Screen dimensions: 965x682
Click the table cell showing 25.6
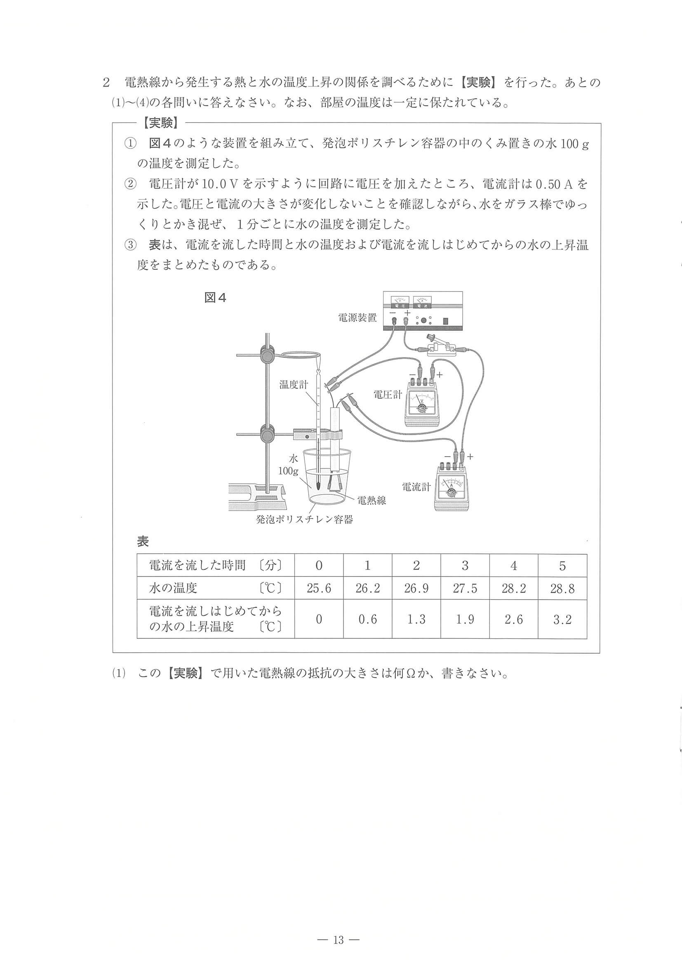[x=318, y=588]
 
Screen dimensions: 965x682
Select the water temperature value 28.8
[x=562, y=588]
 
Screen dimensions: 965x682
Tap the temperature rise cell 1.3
[x=416, y=619]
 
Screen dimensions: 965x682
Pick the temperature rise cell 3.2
[x=562, y=619]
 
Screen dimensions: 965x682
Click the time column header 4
[x=513, y=566]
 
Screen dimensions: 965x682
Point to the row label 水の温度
[x=173, y=588]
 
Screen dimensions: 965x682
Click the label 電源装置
[x=357, y=318]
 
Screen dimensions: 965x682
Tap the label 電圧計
[x=388, y=394]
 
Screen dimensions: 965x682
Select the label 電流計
[x=416, y=487]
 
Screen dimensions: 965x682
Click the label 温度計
[x=294, y=385]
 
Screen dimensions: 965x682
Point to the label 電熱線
[x=372, y=500]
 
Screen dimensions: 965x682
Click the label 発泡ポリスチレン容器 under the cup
[x=304, y=520]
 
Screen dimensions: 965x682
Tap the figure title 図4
[x=215, y=298]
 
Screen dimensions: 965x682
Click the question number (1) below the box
[x=119, y=673]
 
